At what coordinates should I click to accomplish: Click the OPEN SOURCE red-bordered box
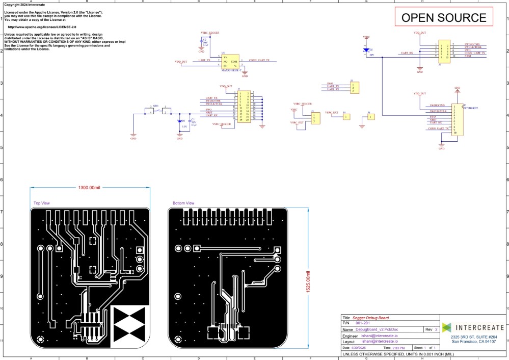[444, 17]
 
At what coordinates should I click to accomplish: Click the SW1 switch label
[157, 107]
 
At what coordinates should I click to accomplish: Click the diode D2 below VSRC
[366, 50]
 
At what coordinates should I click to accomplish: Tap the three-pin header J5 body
[354, 87]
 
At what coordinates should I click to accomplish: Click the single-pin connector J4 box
[347, 117]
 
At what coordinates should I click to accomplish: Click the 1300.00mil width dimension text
[90, 187]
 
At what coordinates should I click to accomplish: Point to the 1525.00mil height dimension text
[308, 283]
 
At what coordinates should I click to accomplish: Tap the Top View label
[42, 203]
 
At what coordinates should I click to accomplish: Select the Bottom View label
[183, 203]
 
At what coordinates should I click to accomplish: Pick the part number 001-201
[363, 323]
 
